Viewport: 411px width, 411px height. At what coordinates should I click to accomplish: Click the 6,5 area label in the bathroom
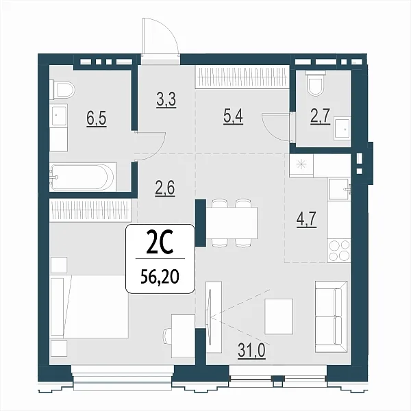pyautogui.click(x=97, y=119)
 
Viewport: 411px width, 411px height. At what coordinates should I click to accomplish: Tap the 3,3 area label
pyautogui.click(x=166, y=99)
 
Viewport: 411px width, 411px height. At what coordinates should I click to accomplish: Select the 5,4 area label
pyautogui.click(x=233, y=116)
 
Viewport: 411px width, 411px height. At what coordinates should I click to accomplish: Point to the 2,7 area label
pyautogui.click(x=320, y=116)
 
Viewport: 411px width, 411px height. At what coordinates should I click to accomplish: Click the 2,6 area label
pyautogui.click(x=165, y=188)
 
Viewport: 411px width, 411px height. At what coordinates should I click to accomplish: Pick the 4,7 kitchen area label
pyautogui.click(x=307, y=219)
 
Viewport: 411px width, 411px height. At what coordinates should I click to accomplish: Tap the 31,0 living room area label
pyautogui.click(x=251, y=350)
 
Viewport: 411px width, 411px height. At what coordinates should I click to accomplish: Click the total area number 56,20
pyautogui.click(x=160, y=276)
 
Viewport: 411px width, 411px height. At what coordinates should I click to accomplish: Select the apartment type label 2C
pyautogui.click(x=160, y=245)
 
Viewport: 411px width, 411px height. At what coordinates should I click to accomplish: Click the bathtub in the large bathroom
pyautogui.click(x=83, y=177)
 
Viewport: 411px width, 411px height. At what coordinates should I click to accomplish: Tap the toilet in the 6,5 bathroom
pyautogui.click(x=64, y=90)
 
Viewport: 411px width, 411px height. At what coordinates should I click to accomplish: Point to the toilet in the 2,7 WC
pyautogui.click(x=316, y=83)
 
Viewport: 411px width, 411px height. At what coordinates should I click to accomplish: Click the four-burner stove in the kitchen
pyautogui.click(x=339, y=251)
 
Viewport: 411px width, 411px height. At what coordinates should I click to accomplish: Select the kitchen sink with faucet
pyautogui.click(x=339, y=189)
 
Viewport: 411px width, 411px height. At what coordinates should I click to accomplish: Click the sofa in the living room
pyautogui.click(x=332, y=316)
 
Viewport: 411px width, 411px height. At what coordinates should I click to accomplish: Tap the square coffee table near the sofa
pyautogui.click(x=279, y=316)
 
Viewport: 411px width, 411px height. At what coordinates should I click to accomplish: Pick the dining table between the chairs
pyautogui.click(x=232, y=223)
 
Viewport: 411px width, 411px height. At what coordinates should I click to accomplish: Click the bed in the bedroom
pyautogui.click(x=89, y=306)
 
